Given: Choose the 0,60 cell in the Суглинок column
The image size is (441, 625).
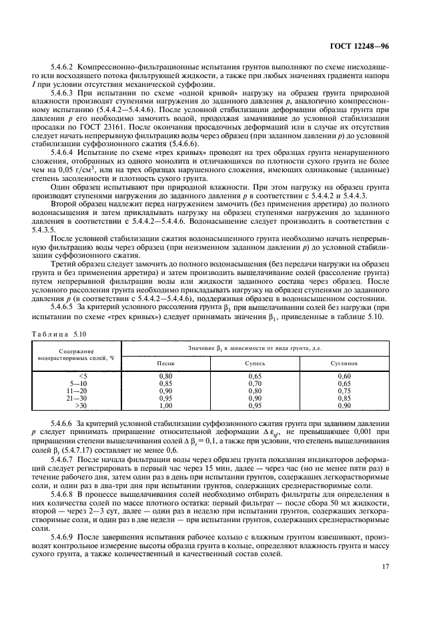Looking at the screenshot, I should pos(344,377).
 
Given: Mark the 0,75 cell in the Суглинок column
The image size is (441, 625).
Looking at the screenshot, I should pos(344,391).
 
